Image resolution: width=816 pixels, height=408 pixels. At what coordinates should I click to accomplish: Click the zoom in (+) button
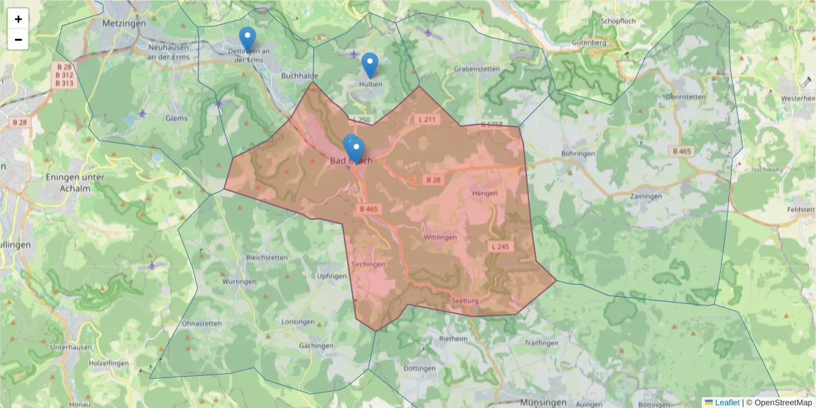pos(18,19)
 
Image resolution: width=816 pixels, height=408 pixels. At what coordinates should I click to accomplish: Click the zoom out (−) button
pos(18,39)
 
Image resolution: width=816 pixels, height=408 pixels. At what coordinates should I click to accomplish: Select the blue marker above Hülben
pos(369,64)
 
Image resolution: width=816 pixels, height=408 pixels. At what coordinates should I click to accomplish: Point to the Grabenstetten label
pos(477,69)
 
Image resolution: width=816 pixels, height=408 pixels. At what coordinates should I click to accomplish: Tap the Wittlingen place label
pos(439,237)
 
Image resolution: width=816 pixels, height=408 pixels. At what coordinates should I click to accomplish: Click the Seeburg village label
pos(465,301)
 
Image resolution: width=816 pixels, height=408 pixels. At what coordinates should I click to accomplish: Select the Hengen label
pos(485,193)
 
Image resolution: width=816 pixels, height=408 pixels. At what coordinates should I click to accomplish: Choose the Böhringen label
pos(578,154)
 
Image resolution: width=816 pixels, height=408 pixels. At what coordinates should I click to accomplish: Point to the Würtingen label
pos(239,281)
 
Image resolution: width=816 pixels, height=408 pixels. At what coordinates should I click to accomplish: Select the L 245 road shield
pos(498,245)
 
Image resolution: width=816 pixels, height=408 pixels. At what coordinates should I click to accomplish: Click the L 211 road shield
pos(426,119)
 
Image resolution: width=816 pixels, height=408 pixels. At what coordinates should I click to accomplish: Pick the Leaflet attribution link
pos(726,403)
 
